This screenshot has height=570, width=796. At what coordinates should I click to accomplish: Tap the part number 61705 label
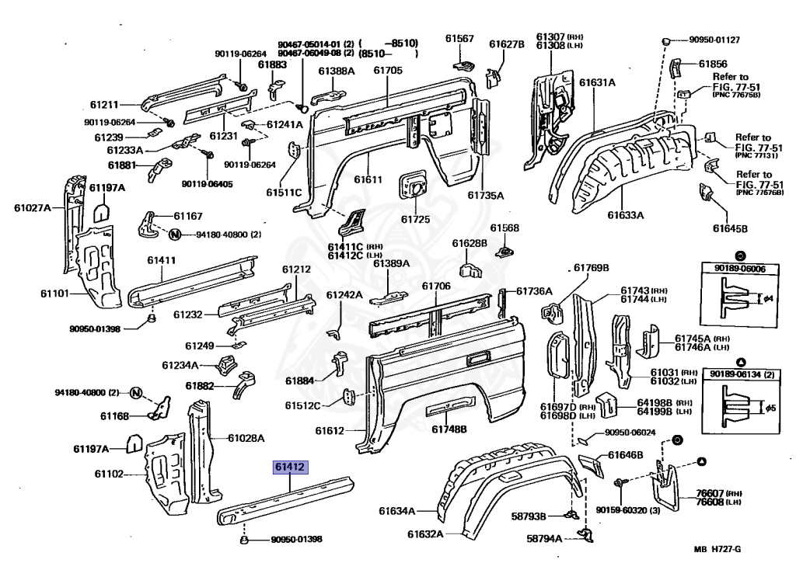coord(388,71)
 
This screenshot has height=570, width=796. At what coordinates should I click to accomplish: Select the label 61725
coord(415,220)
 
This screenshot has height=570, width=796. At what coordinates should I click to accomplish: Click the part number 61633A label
coord(626,215)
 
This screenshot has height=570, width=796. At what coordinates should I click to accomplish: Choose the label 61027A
coord(32,207)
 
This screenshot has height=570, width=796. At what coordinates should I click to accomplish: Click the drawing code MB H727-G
coord(717,550)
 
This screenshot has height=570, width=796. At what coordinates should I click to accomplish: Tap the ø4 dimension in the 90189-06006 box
coord(768,297)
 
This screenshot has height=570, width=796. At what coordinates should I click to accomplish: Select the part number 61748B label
coord(449,429)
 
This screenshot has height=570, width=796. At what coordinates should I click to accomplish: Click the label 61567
coord(459,39)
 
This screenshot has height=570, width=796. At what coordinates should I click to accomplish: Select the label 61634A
coord(397,510)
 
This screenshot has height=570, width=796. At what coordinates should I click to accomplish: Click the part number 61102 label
coord(110,473)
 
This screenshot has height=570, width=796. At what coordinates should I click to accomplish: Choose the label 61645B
coord(730,228)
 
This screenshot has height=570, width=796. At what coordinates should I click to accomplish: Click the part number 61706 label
coord(436,286)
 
